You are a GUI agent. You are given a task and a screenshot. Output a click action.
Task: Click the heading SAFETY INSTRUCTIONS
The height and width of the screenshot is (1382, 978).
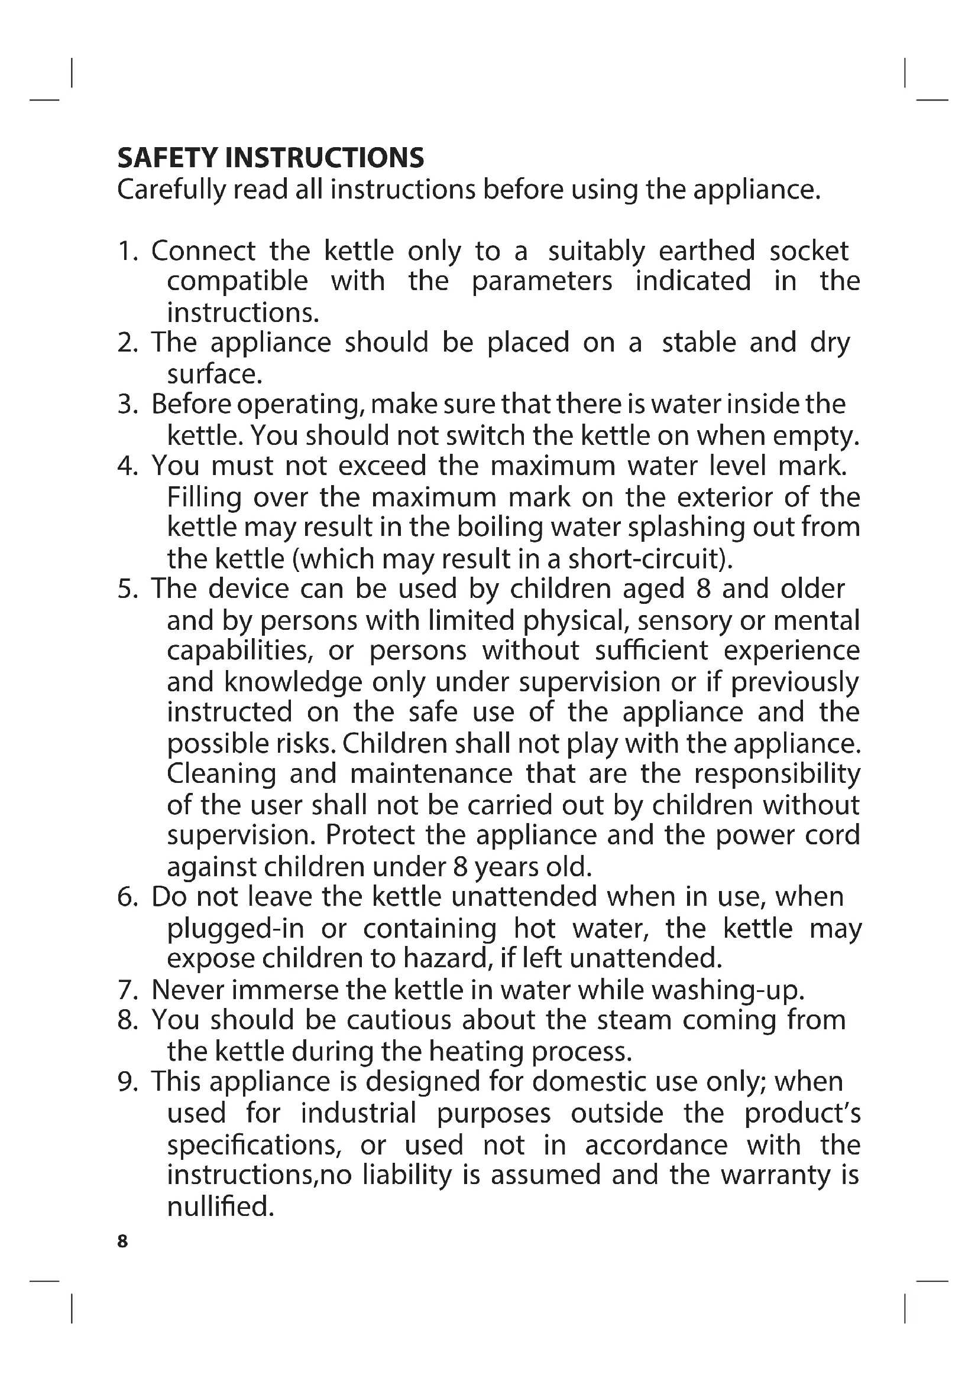coord(270,158)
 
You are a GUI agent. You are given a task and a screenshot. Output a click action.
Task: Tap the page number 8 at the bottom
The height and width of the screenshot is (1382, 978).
coord(123,1241)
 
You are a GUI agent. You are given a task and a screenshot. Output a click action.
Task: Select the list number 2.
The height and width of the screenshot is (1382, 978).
coord(127,343)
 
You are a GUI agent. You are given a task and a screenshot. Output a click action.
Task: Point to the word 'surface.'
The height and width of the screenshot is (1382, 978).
coord(215,375)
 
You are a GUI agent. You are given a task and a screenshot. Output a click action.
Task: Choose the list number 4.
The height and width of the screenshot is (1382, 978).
coord(127,466)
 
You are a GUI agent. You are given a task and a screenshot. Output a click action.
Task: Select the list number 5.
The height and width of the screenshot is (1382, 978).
coord(127,588)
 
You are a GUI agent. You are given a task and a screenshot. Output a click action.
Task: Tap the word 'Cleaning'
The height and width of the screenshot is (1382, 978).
coord(221,774)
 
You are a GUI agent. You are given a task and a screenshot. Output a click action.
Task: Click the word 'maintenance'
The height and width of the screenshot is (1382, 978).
coord(430,773)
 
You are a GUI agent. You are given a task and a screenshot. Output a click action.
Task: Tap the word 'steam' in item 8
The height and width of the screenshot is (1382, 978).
coord(632,1020)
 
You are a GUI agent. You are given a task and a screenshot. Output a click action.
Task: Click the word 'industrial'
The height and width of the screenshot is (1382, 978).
coord(358,1113)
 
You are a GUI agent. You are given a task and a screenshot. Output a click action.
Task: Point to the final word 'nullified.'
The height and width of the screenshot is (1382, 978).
coord(221,1207)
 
